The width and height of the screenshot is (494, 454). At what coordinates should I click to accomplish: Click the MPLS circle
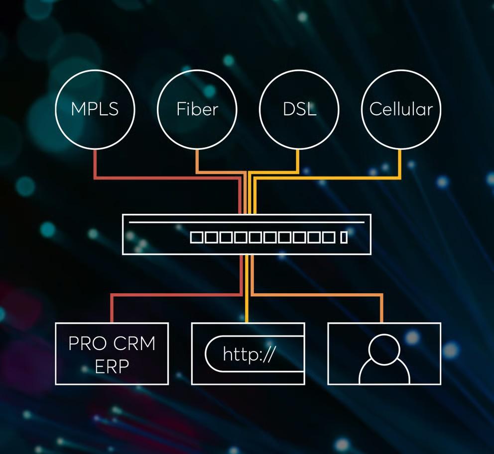point(95,109)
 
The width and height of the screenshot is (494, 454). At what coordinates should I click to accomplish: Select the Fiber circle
point(197,109)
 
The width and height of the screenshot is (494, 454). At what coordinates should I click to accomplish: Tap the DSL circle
point(299,109)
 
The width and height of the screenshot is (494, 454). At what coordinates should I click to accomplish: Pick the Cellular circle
point(401,109)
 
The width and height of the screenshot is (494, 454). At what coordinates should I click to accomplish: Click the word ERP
point(112,366)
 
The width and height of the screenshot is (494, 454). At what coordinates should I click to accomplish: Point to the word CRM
point(134,344)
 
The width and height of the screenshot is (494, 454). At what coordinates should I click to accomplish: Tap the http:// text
point(248,355)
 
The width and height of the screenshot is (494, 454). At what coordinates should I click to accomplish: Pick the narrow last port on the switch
point(344,237)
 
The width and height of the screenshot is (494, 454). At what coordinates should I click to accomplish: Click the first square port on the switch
point(197,237)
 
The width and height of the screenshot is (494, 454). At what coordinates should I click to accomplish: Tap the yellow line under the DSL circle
point(298,160)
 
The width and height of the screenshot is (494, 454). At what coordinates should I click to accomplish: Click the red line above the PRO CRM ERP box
point(112,308)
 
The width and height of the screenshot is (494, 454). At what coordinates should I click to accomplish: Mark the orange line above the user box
point(382,308)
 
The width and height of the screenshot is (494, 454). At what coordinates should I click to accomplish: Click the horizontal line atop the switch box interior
point(247,222)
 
